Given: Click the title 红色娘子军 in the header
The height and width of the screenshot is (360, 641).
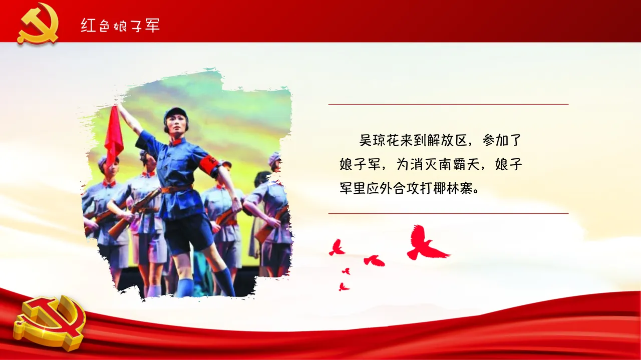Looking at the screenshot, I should (x=120, y=25).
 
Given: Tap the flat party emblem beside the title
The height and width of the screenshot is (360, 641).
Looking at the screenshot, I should (x=38, y=23).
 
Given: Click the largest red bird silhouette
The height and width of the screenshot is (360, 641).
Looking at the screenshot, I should (x=425, y=244).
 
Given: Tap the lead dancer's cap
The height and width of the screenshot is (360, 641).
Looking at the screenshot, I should (x=175, y=113).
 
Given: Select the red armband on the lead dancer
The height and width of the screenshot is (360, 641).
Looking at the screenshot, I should (x=209, y=166).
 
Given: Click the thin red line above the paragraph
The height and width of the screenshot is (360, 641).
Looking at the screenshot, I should (x=448, y=105).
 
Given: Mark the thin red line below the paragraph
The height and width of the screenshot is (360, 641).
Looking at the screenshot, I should (x=448, y=214).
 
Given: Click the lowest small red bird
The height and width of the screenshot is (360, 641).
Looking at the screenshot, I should (x=343, y=287).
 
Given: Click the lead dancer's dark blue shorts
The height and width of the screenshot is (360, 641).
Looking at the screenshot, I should (x=188, y=233).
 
